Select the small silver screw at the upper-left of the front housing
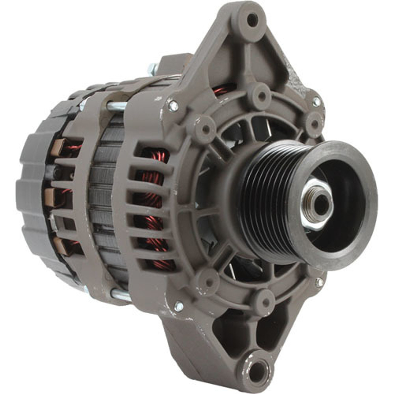174,106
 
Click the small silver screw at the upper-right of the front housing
316,101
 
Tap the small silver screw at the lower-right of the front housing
320,282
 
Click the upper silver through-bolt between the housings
117,106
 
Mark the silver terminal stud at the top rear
153,67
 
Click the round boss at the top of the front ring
261,95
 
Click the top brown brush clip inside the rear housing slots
59,147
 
